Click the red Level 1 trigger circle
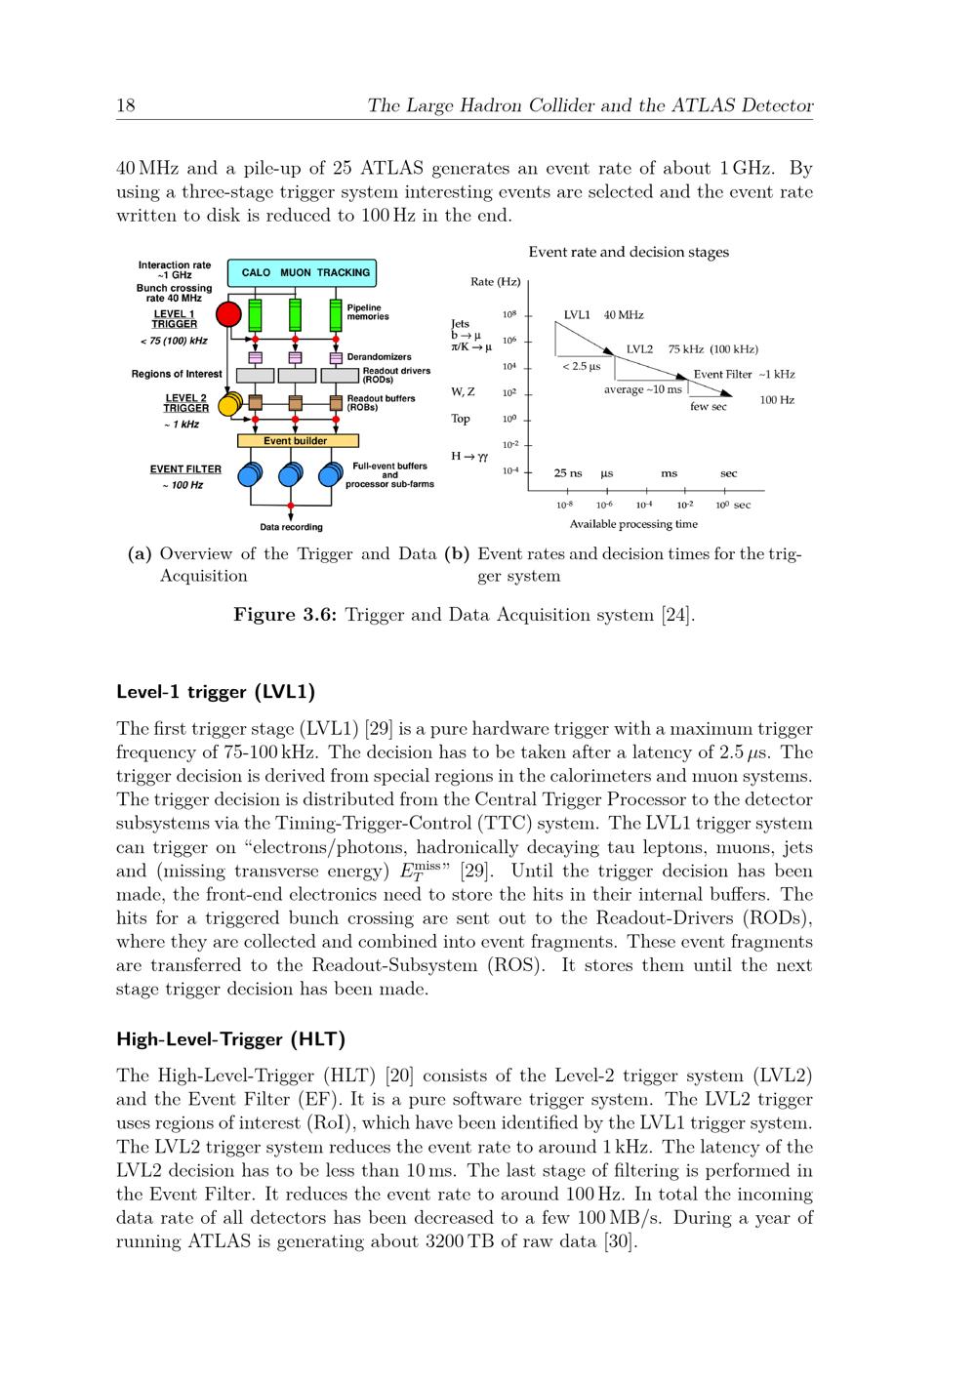pyautogui.click(x=228, y=314)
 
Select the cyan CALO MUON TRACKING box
pyautogui.click(x=301, y=272)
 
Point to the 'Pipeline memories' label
pyautogui.click(x=368, y=312)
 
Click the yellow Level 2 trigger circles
pyautogui.click(x=230, y=402)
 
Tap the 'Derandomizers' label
pyautogui.click(x=379, y=357)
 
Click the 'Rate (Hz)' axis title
pyautogui.click(x=495, y=282)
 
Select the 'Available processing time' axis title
pyautogui.click(x=633, y=524)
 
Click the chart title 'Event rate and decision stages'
pyautogui.click(x=629, y=252)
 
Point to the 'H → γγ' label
pyautogui.click(x=469, y=456)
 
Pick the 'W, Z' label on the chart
pyautogui.click(x=463, y=392)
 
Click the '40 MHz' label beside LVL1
pyautogui.click(x=624, y=315)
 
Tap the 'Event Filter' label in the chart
pyautogui.click(x=722, y=374)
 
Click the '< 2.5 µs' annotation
pyautogui.click(x=582, y=366)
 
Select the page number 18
pyautogui.click(x=125, y=105)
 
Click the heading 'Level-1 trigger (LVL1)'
pyautogui.click(x=215, y=692)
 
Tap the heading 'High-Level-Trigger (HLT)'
pyautogui.click(x=230, y=1038)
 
